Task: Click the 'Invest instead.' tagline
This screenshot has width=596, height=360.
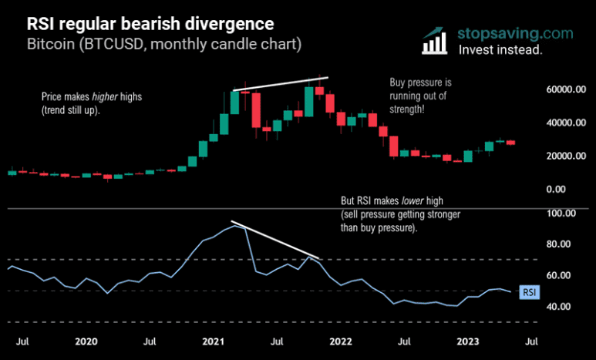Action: pos(500,49)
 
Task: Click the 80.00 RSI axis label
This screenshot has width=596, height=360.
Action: pos(560,244)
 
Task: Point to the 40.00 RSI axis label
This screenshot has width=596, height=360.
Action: pos(560,307)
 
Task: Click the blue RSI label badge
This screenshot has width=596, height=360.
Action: pos(528,292)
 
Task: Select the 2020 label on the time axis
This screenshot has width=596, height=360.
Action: pos(86,340)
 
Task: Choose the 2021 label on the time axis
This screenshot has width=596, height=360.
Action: pos(213,340)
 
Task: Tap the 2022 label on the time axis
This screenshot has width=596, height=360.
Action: pos(340,340)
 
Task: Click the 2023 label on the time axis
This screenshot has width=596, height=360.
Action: pos(466,340)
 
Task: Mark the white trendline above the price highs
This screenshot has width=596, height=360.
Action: pos(281,84)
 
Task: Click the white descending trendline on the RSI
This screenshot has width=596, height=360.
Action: pos(275,240)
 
